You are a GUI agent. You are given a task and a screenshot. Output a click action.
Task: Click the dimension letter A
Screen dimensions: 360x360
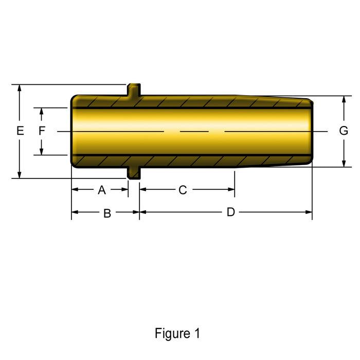tap(102, 190)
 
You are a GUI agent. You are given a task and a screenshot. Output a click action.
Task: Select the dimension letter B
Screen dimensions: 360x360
tap(107, 213)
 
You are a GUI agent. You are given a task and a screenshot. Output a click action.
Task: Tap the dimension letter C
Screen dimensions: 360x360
tap(183, 190)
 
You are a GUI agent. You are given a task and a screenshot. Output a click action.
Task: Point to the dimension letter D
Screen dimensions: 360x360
tap(231, 212)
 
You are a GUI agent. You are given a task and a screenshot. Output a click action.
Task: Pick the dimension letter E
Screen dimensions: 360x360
tap(20, 131)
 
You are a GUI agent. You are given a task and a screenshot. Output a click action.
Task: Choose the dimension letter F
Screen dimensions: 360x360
tap(42, 131)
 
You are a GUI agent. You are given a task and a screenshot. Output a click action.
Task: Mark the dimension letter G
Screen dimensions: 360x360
tap(344, 131)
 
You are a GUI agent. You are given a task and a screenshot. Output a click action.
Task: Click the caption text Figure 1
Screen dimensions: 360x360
tap(177, 333)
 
